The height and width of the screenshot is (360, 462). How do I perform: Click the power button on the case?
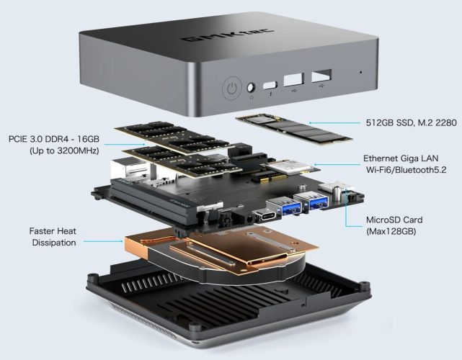(232, 88)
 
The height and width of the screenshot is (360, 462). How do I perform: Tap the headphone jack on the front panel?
(251, 88)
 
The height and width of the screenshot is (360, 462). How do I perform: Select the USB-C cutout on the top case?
(270, 85)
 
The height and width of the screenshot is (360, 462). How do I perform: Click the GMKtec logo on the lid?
(228, 35)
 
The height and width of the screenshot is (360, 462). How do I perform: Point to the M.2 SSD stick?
(294, 129)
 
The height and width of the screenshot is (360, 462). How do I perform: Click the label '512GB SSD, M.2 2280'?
(411, 122)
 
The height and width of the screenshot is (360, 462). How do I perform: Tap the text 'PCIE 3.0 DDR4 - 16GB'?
(54, 139)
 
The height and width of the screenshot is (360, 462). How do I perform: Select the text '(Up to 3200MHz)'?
(64, 150)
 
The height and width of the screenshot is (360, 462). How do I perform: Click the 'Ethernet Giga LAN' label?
(401, 158)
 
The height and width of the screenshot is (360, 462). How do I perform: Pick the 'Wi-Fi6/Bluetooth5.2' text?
(407, 170)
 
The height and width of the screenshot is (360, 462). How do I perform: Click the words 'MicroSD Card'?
(394, 220)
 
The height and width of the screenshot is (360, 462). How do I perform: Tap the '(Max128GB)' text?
(391, 231)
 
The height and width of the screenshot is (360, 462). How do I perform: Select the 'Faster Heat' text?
(53, 231)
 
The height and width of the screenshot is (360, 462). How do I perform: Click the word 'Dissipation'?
(54, 243)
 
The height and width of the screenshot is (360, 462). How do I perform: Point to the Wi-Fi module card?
(290, 167)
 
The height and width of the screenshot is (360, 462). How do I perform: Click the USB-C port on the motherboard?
(265, 214)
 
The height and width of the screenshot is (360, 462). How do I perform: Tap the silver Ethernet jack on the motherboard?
(130, 169)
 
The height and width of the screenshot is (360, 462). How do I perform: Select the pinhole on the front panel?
(361, 72)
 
